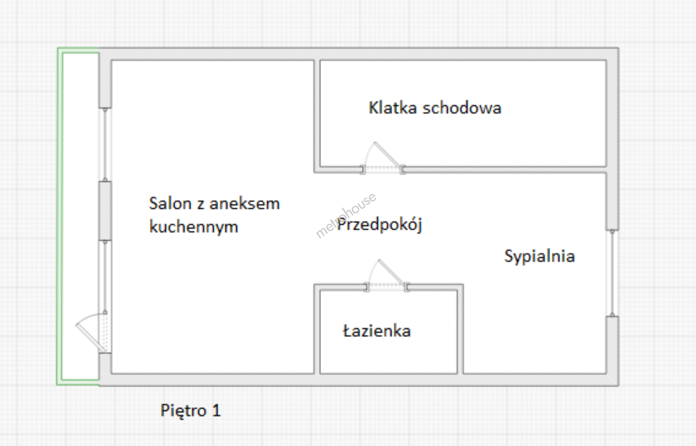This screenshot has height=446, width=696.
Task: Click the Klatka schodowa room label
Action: click(x=435, y=108)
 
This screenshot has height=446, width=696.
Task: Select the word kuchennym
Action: click(x=194, y=227)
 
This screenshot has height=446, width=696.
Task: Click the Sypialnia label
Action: click(x=539, y=256)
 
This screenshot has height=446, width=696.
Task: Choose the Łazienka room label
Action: click(x=377, y=331)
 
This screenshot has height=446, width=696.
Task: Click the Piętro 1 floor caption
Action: click(x=190, y=410)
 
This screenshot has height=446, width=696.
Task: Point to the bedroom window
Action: click(x=612, y=273)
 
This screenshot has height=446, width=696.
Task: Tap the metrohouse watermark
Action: click(x=346, y=215)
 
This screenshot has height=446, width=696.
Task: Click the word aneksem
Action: click(x=245, y=204)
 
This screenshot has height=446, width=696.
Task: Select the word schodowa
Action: click(x=462, y=108)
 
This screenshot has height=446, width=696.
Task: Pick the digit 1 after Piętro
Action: click(x=216, y=410)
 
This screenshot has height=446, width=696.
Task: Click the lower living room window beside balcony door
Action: click(x=105, y=277)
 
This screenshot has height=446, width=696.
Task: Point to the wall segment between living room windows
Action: click(x=105, y=211)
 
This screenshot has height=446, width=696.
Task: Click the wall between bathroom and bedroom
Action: click(x=460, y=330)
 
